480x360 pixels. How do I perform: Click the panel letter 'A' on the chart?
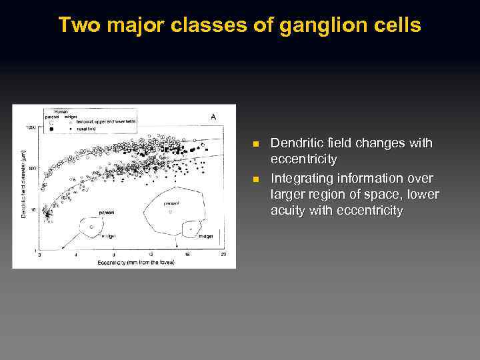213,117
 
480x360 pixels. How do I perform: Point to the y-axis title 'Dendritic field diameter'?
24,183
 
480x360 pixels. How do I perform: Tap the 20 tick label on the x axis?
223,255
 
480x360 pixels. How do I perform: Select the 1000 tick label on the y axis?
31,127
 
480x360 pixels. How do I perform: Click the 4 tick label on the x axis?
75,255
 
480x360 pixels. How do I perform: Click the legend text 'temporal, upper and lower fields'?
105,122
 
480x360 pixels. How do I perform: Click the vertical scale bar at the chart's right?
219,237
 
